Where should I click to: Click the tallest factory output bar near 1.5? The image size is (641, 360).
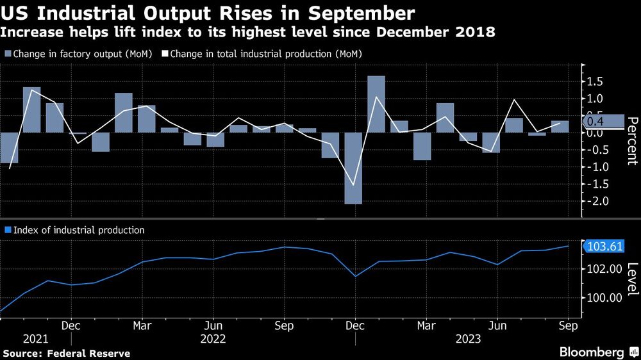pyautogui.click(x=376, y=104)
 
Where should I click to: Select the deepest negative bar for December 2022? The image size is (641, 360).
pyautogui.click(x=353, y=168)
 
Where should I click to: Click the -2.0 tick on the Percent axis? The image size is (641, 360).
pyautogui.click(x=595, y=201)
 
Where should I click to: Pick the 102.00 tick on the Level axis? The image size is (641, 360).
pyautogui.click(x=601, y=269)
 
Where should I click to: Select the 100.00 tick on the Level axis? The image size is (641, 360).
pyautogui.click(x=601, y=298)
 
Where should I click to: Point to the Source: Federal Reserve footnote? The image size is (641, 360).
pyautogui.click(x=67, y=353)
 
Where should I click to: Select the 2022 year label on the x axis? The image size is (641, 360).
pyautogui.click(x=213, y=339)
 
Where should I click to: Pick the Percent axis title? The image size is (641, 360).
pyautogui.click(x=631, y=141)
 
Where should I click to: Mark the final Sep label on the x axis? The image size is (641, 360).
pyautogui.click(x=568, y=326)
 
